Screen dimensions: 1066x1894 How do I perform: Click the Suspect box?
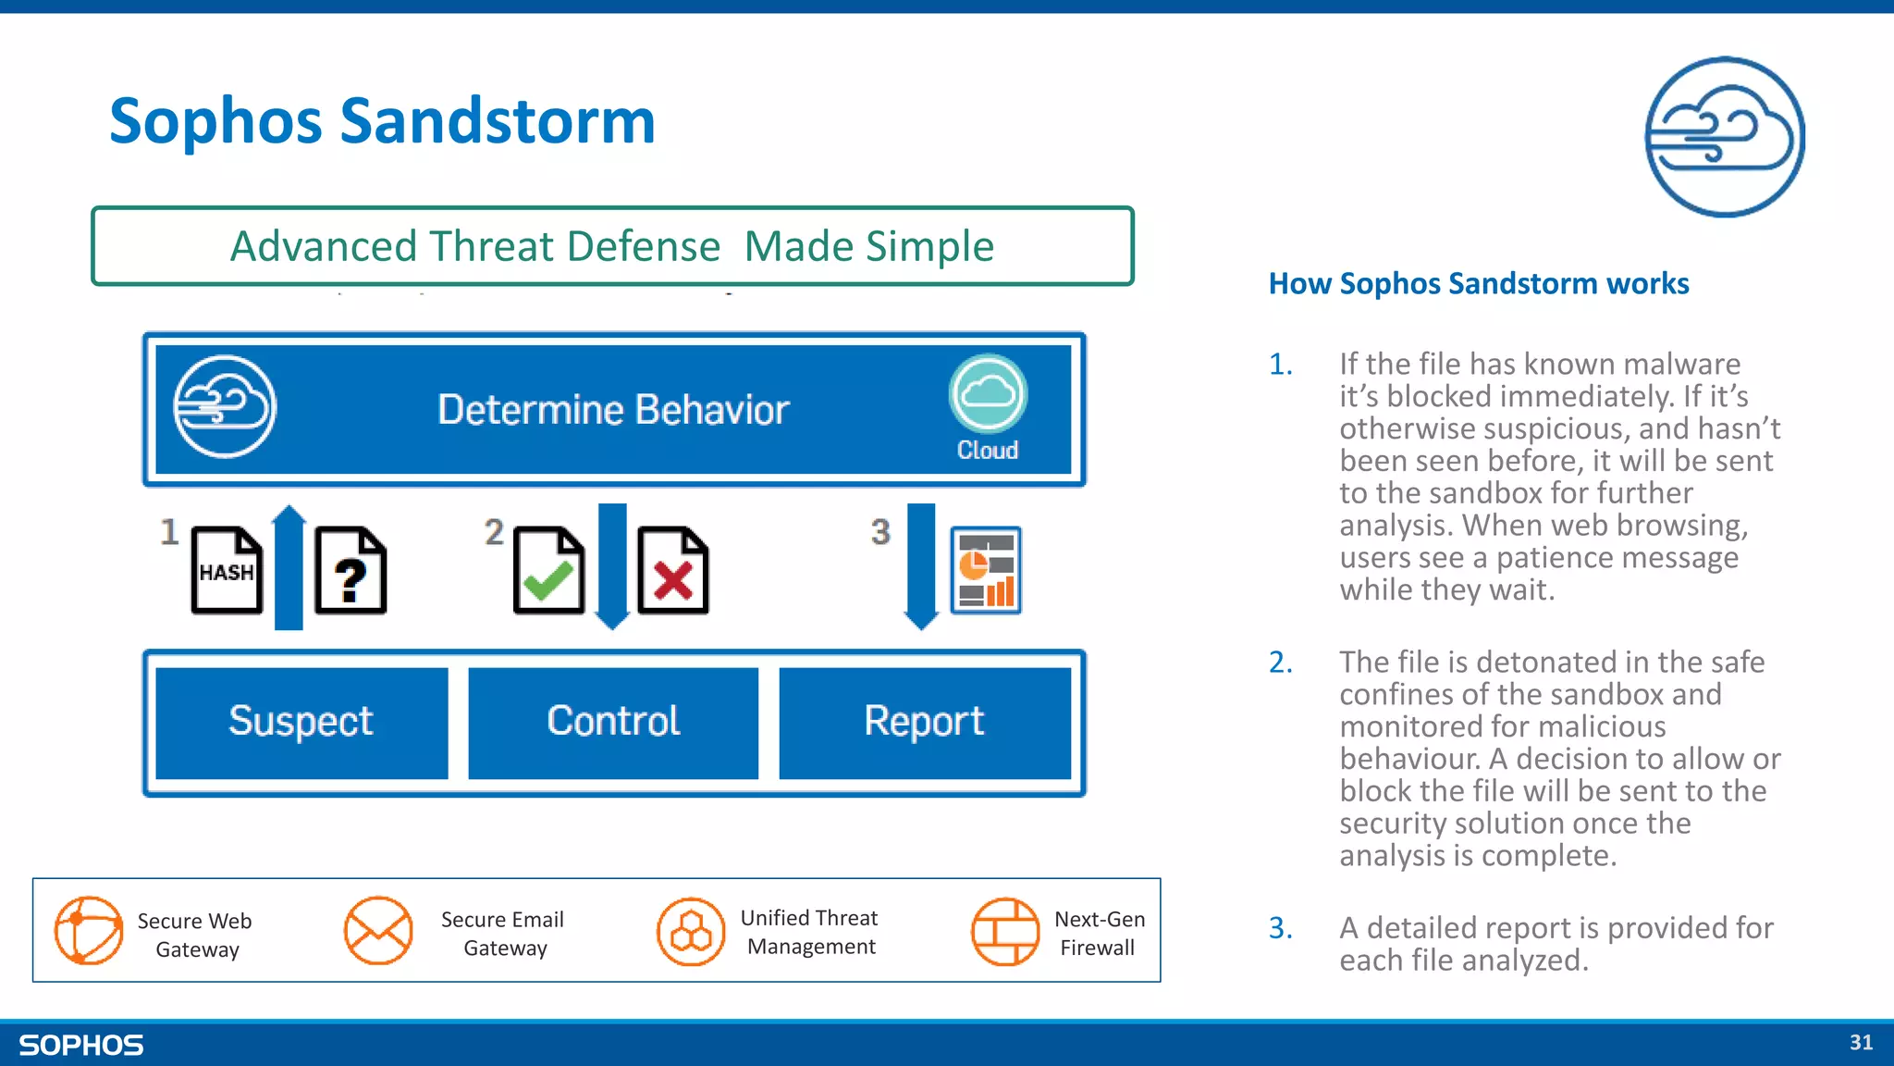click(x=301, y=723)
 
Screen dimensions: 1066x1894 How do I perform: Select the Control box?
click(x=613, y=723)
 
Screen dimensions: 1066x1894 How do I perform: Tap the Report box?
click(x=924, y=723)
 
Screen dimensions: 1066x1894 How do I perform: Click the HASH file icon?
click(x=227, y=571)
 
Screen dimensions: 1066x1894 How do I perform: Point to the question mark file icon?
click(x=351, y=571)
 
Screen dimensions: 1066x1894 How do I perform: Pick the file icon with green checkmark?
click(x=548, y=571)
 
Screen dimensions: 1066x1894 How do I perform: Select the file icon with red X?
click(x=672, y=571)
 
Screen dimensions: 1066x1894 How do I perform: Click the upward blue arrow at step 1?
click(x=289, y=567)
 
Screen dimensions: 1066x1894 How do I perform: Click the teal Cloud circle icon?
click(x=988, y=394)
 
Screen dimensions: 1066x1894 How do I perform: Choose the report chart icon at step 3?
click(x=986, y=570)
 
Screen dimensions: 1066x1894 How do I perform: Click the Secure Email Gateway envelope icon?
click(x=378, y=931)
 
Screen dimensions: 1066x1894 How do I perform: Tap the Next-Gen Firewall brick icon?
click(x=1005, y=931)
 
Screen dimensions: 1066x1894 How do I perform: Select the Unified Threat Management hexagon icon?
click(x=691, y=931)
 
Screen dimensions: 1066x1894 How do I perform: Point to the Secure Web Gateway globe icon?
click(x=89, y=931)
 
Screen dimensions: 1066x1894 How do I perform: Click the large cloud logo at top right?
click(x=1725, y=137)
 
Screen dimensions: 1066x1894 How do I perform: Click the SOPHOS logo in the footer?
click(x=81, y=1046)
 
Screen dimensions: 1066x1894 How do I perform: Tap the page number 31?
click(x=1861, y=1043)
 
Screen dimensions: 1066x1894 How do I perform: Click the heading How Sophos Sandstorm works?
click(x=1478, y=283)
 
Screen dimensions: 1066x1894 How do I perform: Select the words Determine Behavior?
click(x=613, y=410)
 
